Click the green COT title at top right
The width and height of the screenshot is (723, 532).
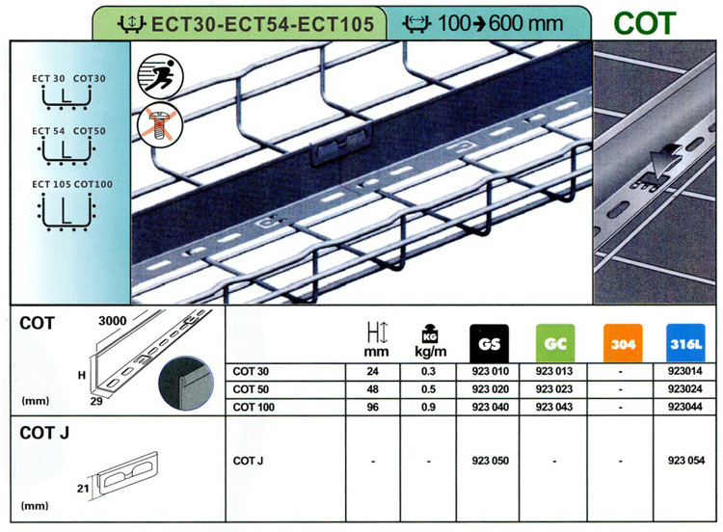tap(645, 23)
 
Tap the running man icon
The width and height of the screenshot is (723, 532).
tap(160, 76)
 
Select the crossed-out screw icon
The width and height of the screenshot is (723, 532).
tap(160, 124)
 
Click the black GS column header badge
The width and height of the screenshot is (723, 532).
tap(489, 343)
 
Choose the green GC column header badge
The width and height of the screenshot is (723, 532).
tap(555, 343)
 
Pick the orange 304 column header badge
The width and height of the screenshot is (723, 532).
tap(623, 343)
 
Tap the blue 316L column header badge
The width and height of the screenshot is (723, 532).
tap(685, 343)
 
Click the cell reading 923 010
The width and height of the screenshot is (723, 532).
tap(490, 372)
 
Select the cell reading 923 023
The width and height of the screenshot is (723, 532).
tap(554, 389)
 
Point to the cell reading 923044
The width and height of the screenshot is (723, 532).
tap(685, 407)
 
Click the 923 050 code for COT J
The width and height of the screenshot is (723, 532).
tap(490, 461)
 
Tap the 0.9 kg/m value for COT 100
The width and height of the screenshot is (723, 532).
tap(428, 407)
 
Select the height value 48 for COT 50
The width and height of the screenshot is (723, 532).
tap(372, 389)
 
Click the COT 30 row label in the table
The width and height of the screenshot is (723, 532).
tap(251, 372)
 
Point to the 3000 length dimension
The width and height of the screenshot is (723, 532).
tap(112, 321)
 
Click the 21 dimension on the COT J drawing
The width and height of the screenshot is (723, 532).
tap(83, 489)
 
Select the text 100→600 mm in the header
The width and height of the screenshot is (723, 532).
tap(500, 23)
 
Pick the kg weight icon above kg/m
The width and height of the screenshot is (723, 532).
tap(430, 332)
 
